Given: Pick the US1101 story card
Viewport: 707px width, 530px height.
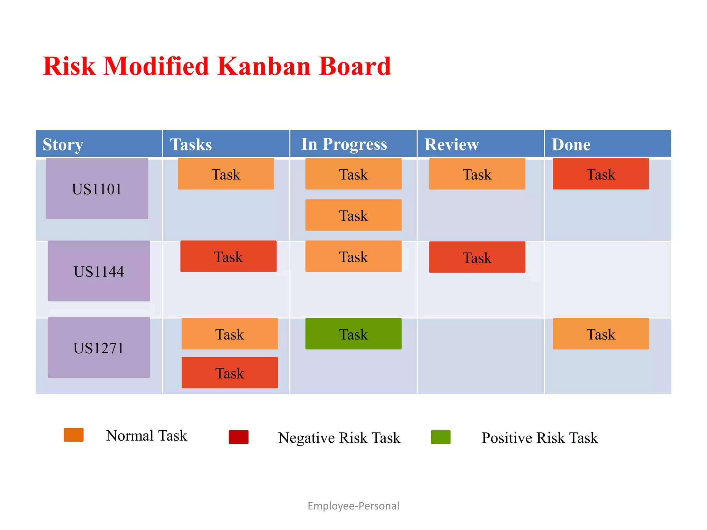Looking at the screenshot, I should [x=97, y=189].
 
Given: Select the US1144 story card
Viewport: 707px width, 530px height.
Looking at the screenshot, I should [x=99, y=271].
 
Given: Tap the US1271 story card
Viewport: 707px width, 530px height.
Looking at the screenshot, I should [x=99, y=348].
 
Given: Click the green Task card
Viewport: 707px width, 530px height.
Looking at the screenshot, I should [x=353, y=334].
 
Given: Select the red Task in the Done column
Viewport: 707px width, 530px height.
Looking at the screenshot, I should [x=601, y=174].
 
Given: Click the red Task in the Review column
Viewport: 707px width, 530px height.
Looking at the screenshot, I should [x=477, y=257].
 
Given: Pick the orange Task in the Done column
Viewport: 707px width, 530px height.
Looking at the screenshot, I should [x=601, y=334].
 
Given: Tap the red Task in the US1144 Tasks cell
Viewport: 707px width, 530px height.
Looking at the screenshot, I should [x=228, y=256].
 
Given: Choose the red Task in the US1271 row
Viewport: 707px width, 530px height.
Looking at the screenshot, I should [x=230, y=373].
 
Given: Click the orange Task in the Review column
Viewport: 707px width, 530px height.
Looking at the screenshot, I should [x=477, y=174].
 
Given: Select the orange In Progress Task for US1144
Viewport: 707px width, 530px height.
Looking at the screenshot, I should [x=353, y=256].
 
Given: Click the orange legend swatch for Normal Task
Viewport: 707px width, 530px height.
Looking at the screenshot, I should [x=74, y=435].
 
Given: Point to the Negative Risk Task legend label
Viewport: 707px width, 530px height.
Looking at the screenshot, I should [x=339, y=438].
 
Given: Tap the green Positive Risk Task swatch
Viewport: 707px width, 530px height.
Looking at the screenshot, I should [x=440, y=437].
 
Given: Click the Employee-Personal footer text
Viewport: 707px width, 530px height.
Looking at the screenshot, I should [x=353, y=506].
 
